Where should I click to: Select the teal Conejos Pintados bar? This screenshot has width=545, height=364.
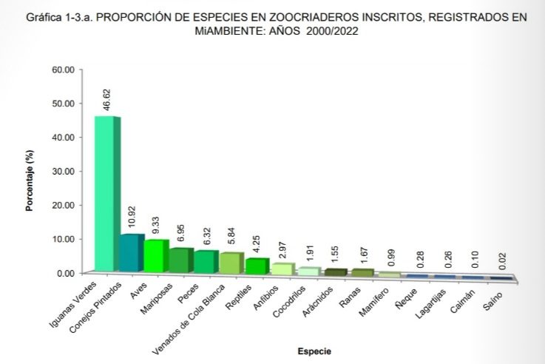132,254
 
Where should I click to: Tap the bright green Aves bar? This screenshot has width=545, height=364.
157,256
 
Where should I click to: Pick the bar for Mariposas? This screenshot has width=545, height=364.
180,260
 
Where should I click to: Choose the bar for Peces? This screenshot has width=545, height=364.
206,262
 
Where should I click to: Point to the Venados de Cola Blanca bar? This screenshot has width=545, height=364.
231,263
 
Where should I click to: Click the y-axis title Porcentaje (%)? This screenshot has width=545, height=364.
30,181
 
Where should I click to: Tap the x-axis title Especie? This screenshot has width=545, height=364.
314,350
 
